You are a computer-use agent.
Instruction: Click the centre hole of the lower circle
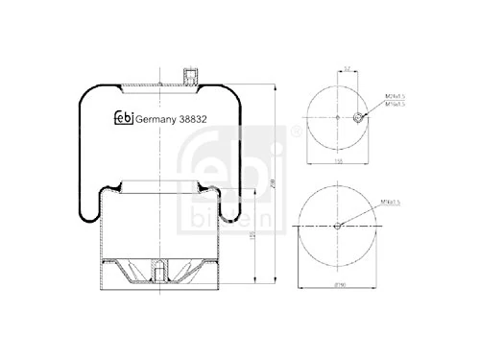tap(336, 227)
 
